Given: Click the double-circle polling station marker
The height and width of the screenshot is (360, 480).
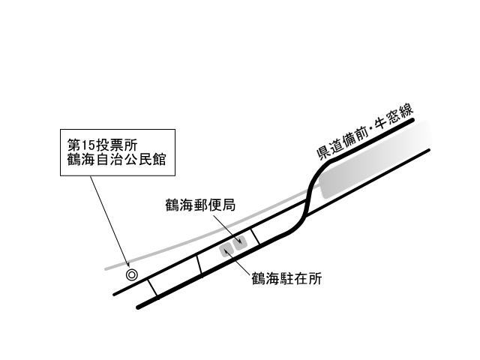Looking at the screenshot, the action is pos(132,275).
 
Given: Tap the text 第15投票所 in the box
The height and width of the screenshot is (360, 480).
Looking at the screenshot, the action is pos(102,145).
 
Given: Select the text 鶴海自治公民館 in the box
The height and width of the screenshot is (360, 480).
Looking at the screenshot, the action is pos(116,160).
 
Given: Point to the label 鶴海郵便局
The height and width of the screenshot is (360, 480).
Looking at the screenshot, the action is pos(200,205).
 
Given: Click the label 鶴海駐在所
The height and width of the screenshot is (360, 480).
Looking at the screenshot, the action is pos(286,278).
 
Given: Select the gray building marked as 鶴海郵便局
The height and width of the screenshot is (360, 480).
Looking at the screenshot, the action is pos(240,243).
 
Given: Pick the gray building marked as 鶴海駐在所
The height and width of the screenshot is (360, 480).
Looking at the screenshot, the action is pos(226,250).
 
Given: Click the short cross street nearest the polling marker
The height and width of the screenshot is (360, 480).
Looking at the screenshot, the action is pos(153,288).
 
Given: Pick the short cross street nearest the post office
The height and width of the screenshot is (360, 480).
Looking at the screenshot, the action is pos(255,237).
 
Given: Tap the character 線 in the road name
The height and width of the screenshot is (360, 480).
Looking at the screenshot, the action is pos(405,112).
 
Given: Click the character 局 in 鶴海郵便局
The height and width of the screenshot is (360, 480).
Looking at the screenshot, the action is pos(229,205).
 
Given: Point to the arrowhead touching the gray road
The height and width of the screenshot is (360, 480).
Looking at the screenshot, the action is pos(128,264).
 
